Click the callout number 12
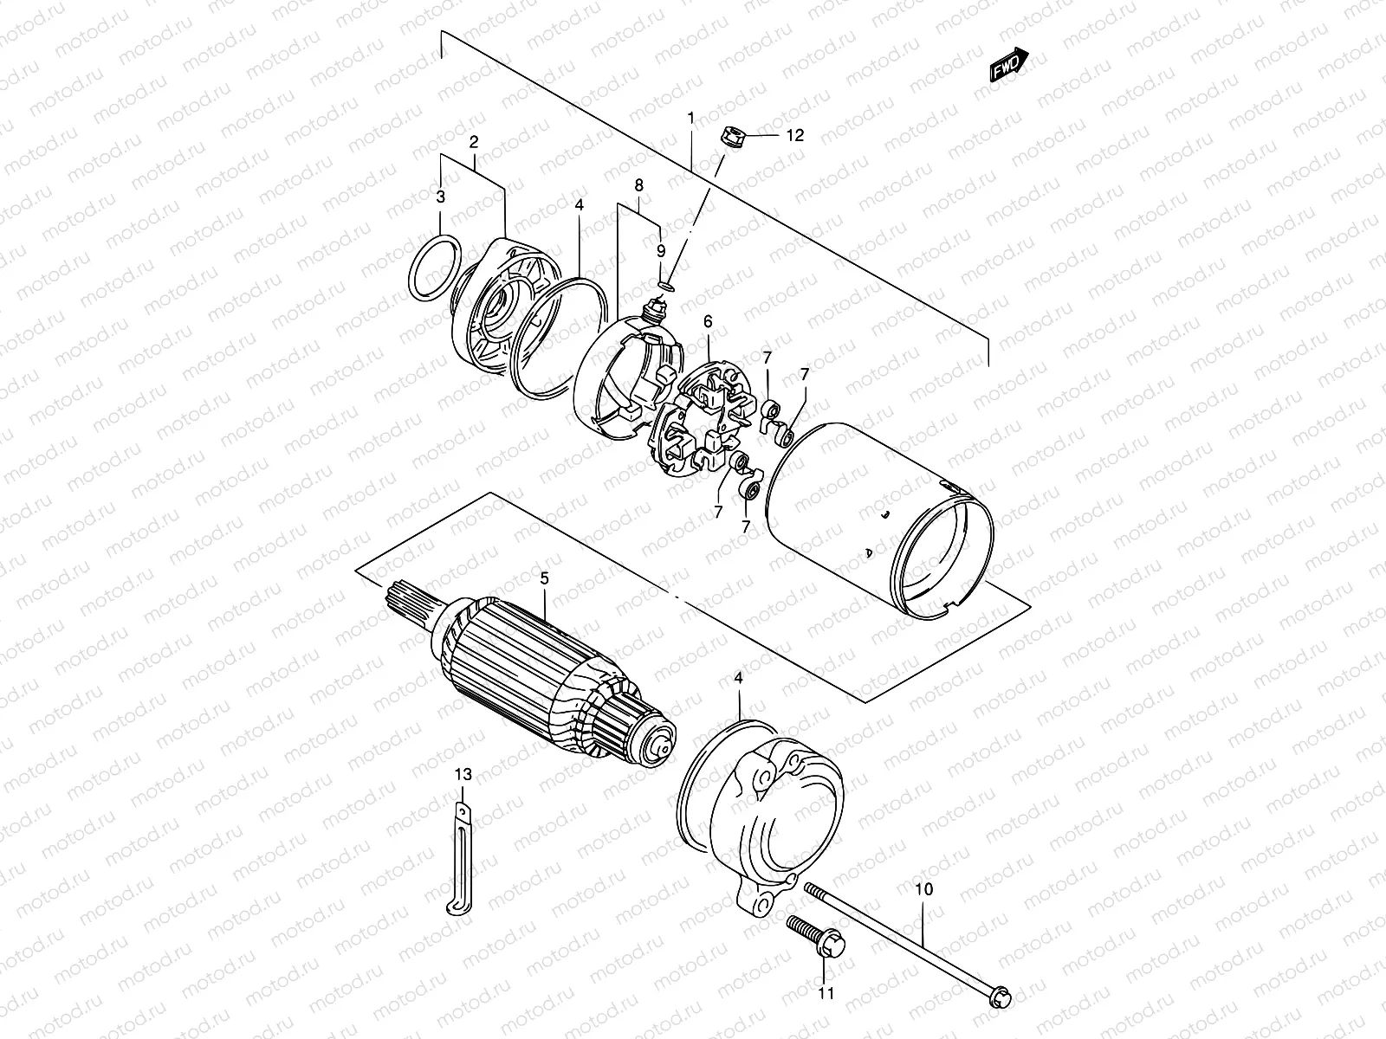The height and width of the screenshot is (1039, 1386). click(x=794, y=135)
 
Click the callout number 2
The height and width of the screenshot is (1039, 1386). click(x=474, y=141)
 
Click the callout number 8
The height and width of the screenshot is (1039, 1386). click(x=638, y=185)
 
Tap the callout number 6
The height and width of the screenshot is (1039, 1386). click(x=708, y=321)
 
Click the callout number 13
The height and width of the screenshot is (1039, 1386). click(x=463, y=774)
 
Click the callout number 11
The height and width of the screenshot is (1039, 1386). click(x=826, y=993)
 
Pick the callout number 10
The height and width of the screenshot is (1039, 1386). click(x=924, y=888)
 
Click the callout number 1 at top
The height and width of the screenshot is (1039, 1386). click(x=690, y=116)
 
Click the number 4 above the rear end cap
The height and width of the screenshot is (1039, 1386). click(x=738, y=681)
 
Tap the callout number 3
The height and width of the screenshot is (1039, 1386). click(x=440, y=197)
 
